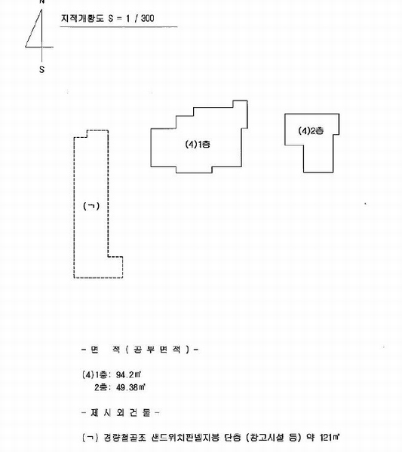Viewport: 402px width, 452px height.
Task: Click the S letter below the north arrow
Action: (x=41, y=69)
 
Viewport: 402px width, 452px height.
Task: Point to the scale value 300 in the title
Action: (x=148, y=18)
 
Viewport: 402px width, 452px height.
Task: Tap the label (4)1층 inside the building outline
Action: (x=198, y=144)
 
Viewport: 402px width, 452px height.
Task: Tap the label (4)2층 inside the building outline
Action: (x=311, y=131)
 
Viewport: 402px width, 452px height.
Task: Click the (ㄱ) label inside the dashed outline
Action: (x=91, y=206)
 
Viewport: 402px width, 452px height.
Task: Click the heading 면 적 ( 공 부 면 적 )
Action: (x=140, y=350)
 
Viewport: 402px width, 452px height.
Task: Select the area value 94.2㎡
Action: (x=128, y=374)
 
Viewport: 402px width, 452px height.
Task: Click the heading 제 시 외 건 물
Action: (x=121, y=413)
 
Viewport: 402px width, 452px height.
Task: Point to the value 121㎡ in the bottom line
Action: (x=330, y=438)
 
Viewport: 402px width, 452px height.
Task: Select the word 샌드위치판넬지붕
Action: (x=185, y=438)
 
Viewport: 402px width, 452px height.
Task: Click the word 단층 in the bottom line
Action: (x=232, y=438)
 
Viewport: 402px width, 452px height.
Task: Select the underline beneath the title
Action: (x=118, y=27)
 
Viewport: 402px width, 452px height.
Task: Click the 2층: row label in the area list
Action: (x=103, y=387)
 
